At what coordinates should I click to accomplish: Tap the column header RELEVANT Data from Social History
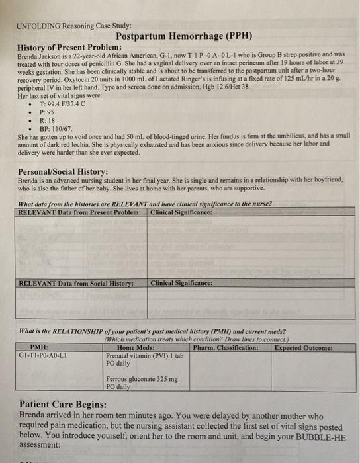(x=76, y=282)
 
